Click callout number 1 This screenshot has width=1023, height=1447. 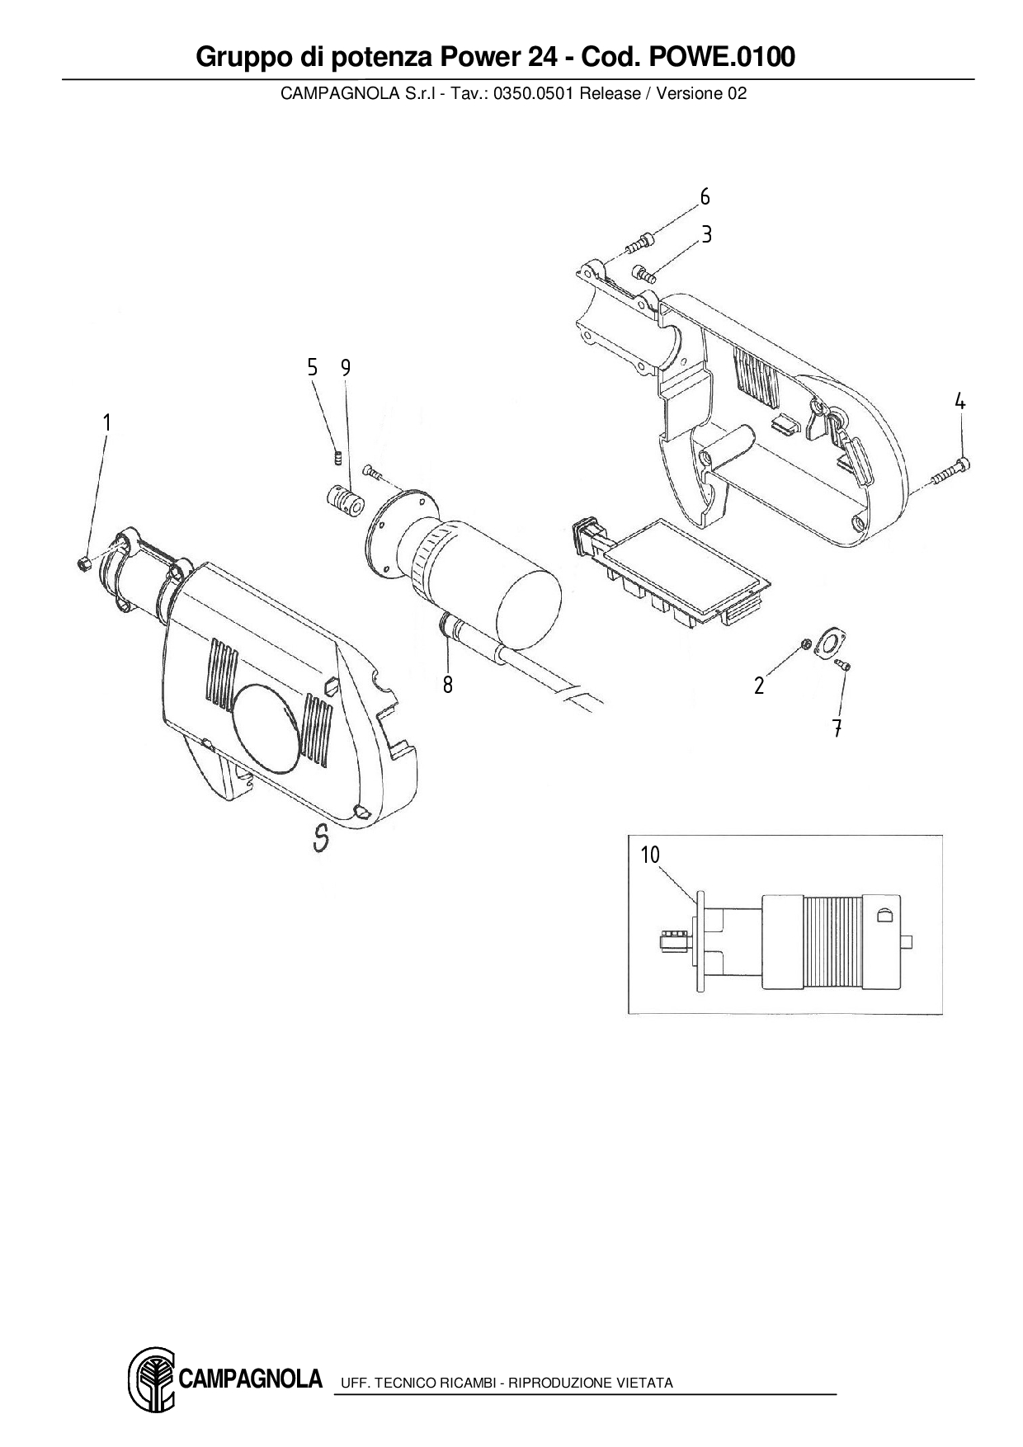coord(106,422)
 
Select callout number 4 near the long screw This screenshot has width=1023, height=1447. coord(960,402)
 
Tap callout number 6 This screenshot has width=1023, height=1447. coord(705,197)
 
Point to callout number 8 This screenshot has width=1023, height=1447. coord(447,685)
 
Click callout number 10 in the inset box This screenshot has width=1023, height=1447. coord(651,855)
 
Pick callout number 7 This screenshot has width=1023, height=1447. coord(837,728)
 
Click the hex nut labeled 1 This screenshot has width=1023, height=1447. coord(82,563)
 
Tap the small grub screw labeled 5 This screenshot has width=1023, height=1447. coord(337,456)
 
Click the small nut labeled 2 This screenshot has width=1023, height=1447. coord(807,643)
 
